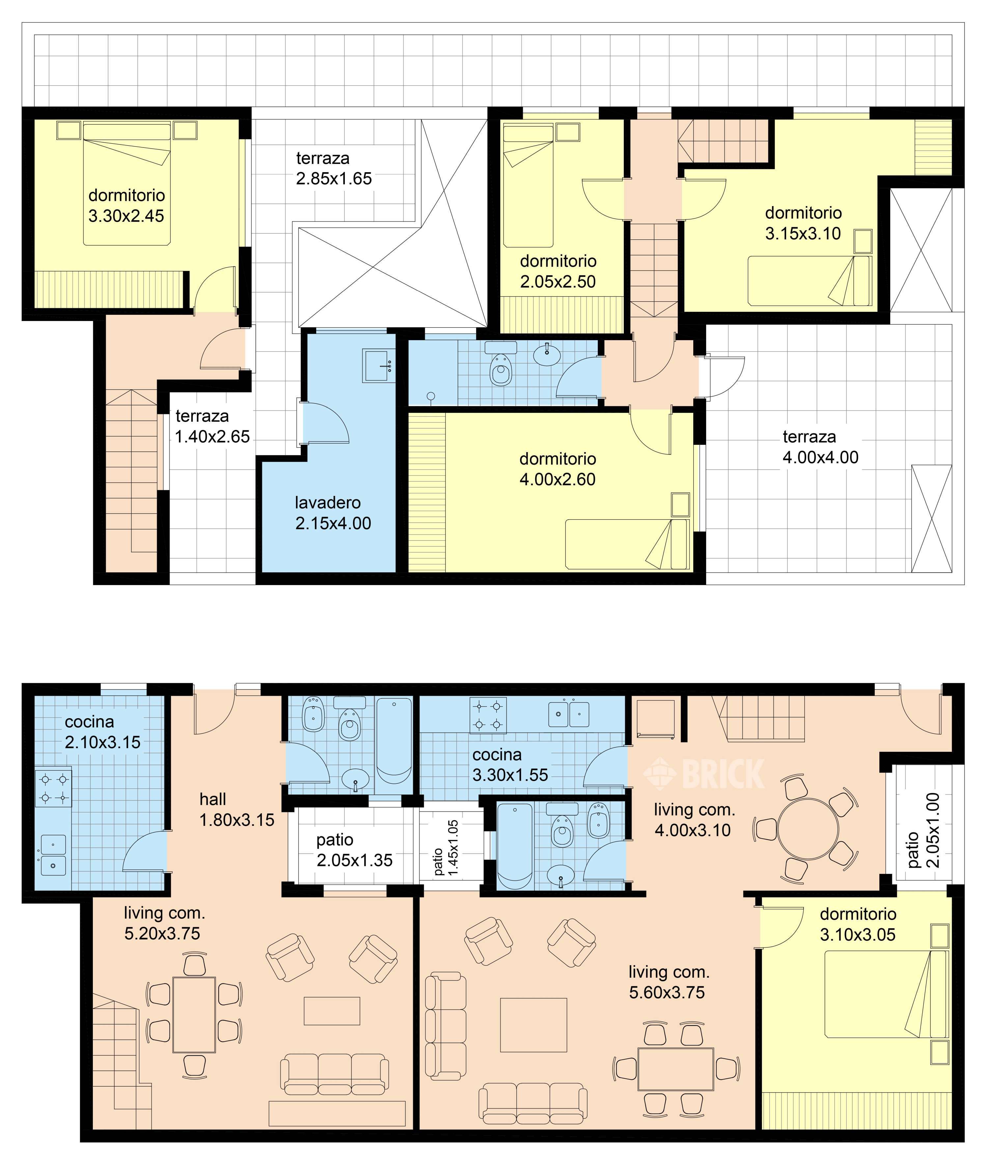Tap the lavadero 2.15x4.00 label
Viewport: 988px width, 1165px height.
[333, 513]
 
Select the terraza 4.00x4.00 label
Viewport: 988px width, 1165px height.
[820, 447]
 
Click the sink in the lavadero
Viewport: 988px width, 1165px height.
[379, 366]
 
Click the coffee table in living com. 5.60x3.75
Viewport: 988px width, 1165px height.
[533, 1025]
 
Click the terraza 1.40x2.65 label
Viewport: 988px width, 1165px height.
[212, 426]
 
